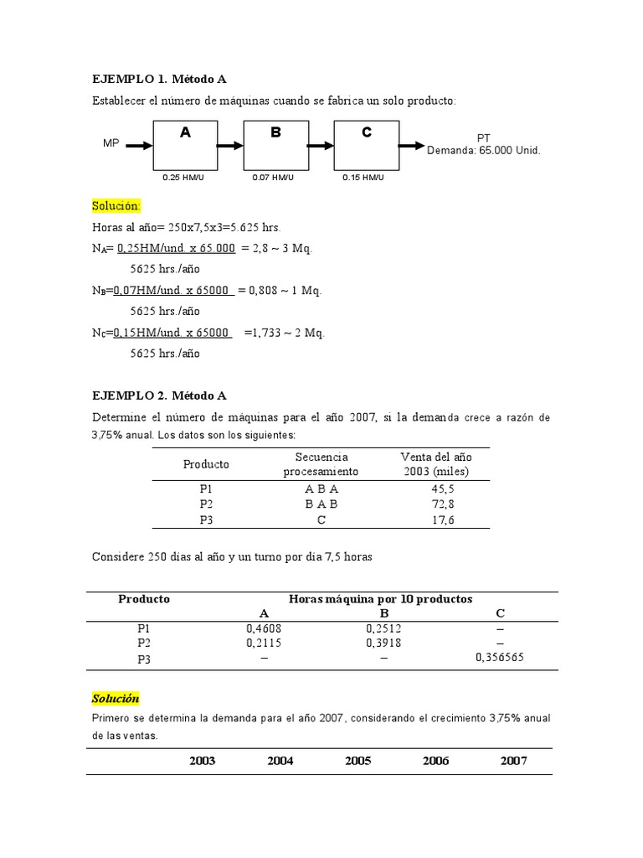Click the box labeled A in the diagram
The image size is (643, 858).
pyautogui.click(x=185, y=145)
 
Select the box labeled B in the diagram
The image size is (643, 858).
pyautogui.click(x=275, y=145)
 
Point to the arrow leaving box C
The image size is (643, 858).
pyautogui.click(x=412, y=145)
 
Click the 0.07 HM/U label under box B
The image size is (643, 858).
pyautogui.click(x=272, y=178)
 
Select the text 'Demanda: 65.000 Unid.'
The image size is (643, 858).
pyautogui.click(x=484, y=151)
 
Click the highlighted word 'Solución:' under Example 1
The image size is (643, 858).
pyautogui.click(x=116, y=206)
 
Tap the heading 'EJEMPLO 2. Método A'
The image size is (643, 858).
pyautogui.click(x=159, y=395)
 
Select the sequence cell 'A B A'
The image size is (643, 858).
pyautogui.click(x=321, y=487)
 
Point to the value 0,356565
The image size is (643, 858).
pyautogui.click(x=505, y=659)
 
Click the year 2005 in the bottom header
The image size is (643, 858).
pyautogui.click(x=358, y=761)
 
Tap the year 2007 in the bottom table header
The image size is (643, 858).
pyautogui.click(x=513, y=761)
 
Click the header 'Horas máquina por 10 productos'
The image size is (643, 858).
pyautogui.click(x=380, y=599)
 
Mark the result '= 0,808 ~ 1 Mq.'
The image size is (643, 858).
pyautogui.click(x=280, y=291)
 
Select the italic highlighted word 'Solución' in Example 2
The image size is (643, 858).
pyautogui.click(x=116, y=698)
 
